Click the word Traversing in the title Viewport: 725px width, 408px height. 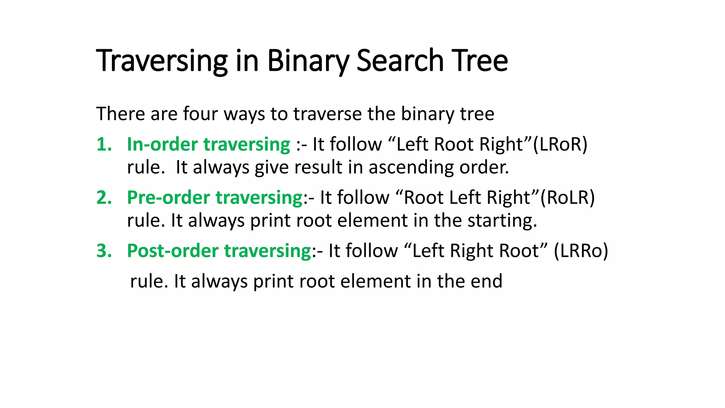tap(161, 61)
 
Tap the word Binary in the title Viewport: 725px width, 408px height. tap(308, 61)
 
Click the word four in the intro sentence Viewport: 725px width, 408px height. tap(200, 114)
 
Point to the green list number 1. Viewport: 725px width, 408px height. tap(104, 144)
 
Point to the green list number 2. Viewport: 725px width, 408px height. tap(104, 198)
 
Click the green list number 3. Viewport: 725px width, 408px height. tap(104, 251)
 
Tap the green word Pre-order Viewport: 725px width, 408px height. tap(168, 198)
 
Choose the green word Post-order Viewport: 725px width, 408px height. tap(172, 251)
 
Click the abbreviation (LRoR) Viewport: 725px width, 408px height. tap(560, 144)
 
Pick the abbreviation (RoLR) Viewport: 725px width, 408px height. tap(567, 198)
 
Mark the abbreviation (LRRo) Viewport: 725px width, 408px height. tap(581, 251)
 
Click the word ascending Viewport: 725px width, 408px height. tap(411, 167)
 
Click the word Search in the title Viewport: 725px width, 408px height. tap(400, 61)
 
